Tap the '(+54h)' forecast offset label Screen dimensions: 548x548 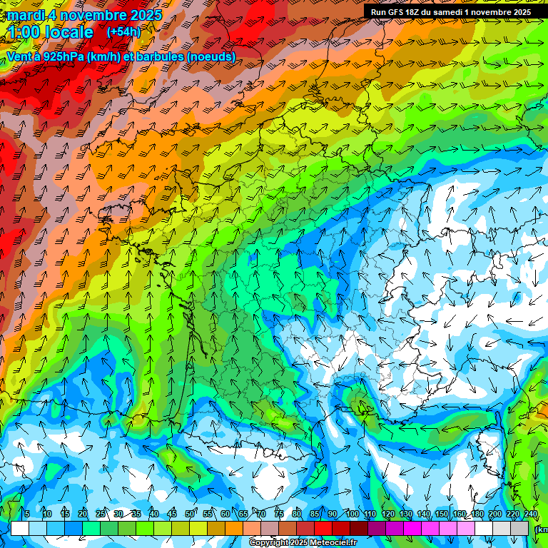123,32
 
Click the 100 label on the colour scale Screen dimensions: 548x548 352,514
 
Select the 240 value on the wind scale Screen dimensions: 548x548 530,514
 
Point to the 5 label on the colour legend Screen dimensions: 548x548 27,514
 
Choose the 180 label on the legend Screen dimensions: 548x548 477,514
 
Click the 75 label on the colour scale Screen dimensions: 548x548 279,514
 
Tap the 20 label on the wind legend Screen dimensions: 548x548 83,514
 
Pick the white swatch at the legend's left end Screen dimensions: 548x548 20,528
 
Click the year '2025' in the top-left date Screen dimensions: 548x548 141,15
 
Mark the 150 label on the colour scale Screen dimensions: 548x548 441,514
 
